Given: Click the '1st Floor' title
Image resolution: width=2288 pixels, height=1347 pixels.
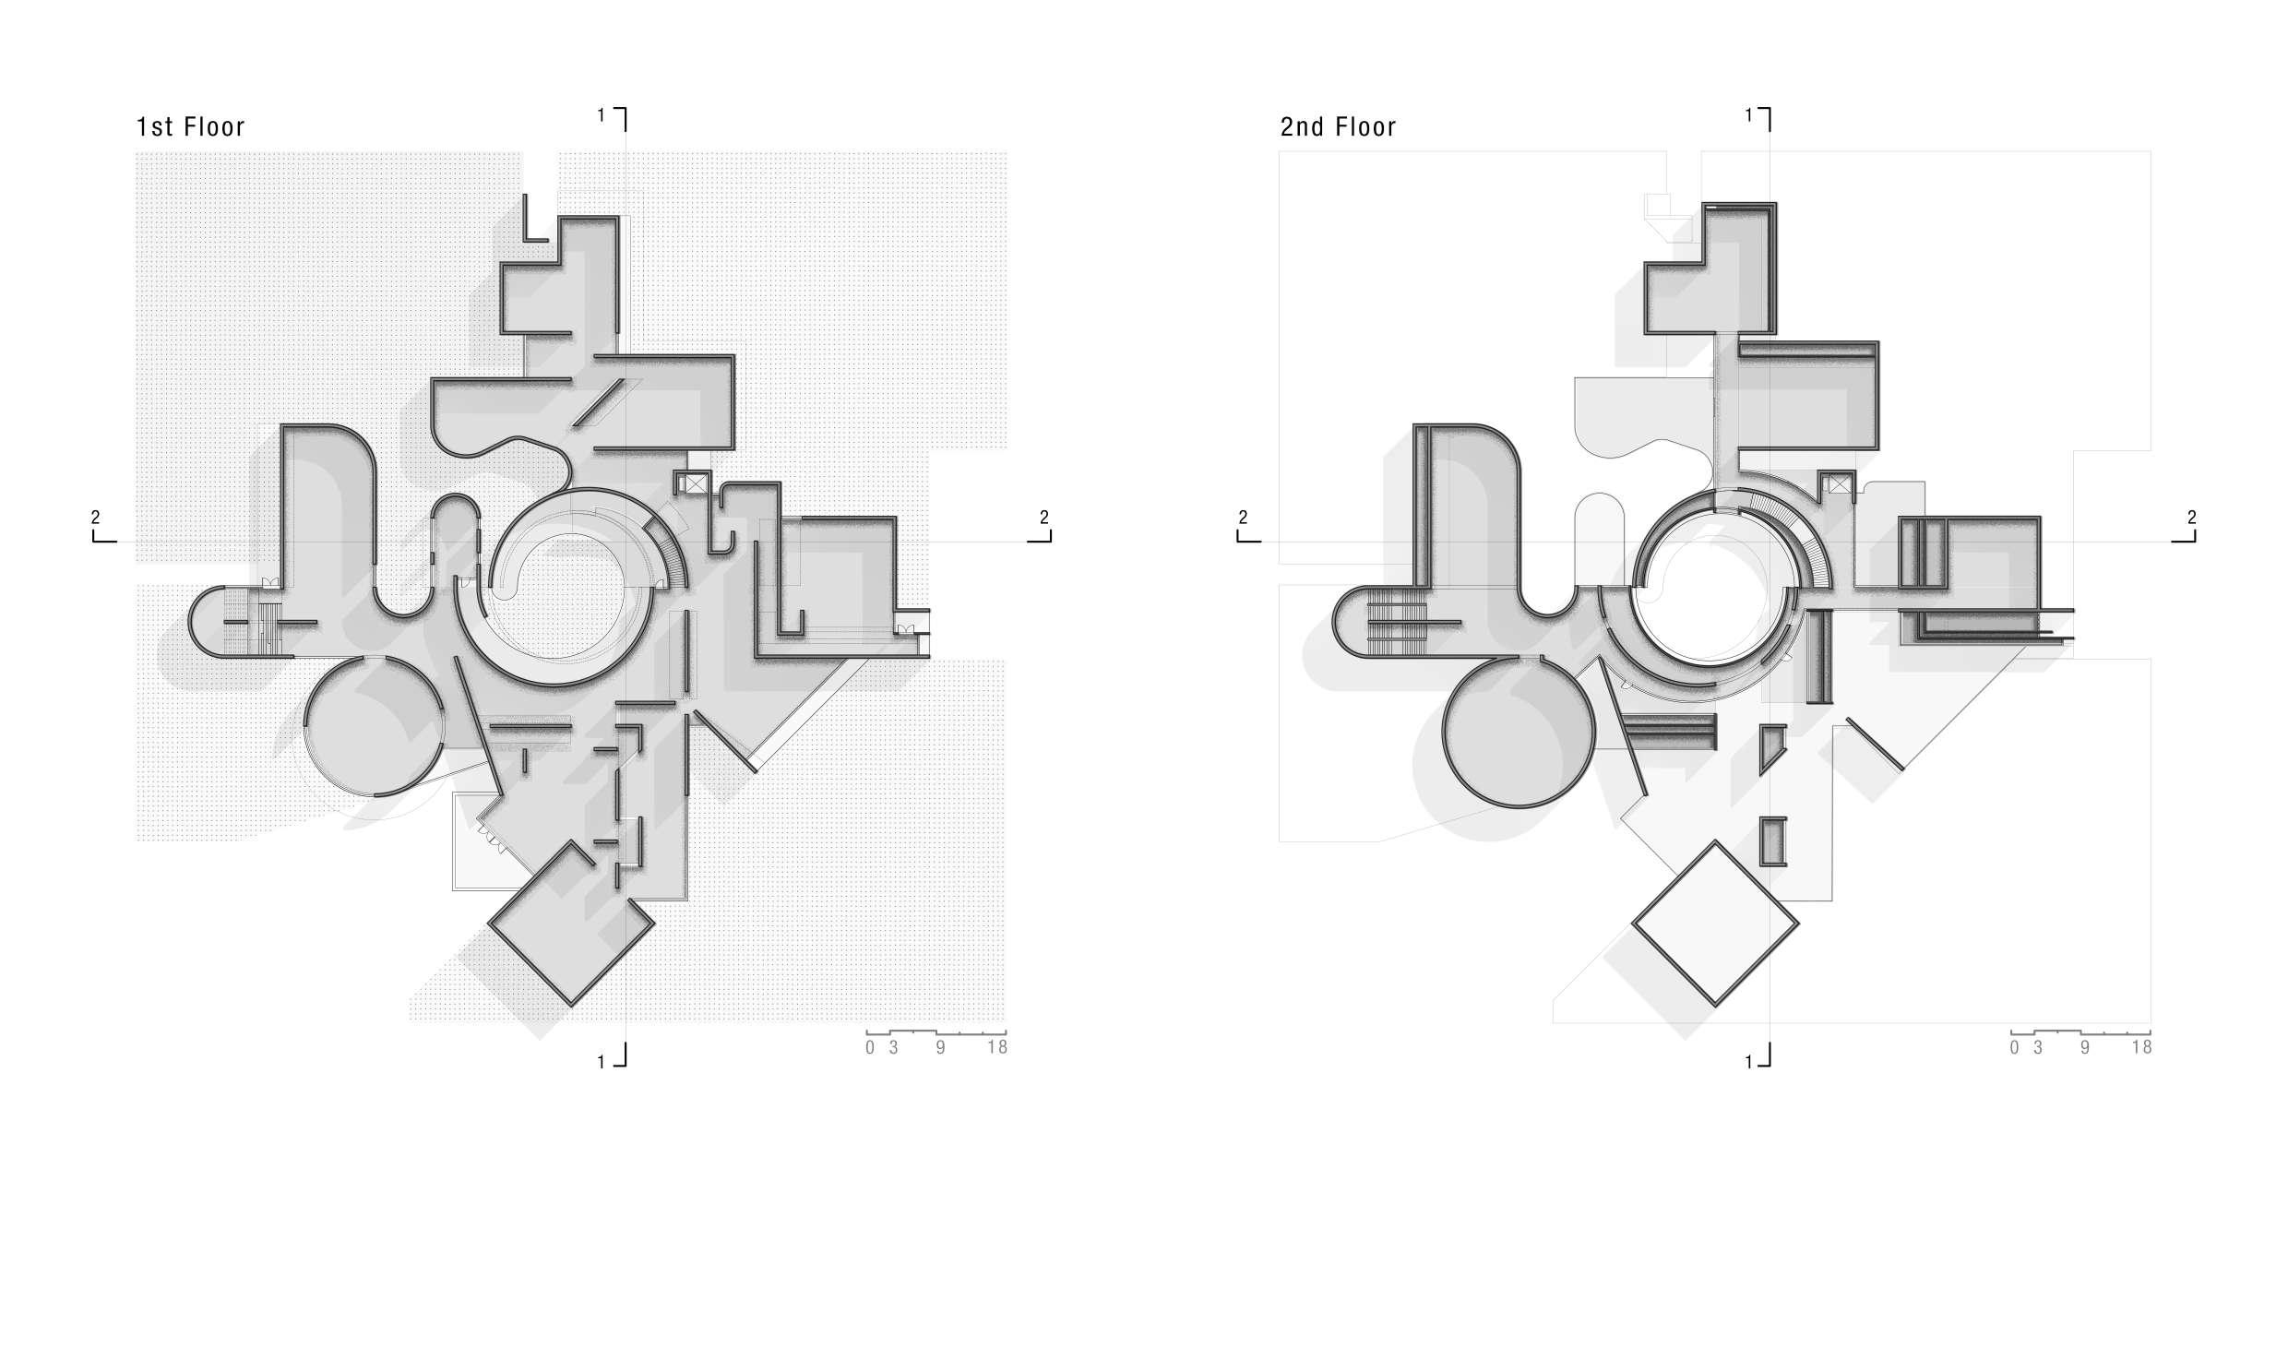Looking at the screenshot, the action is (190, 126).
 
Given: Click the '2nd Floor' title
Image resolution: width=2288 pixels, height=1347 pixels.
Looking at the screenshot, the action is (1338, 126).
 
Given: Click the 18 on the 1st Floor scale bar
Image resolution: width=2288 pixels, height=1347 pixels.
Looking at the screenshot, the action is (996, 1047).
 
